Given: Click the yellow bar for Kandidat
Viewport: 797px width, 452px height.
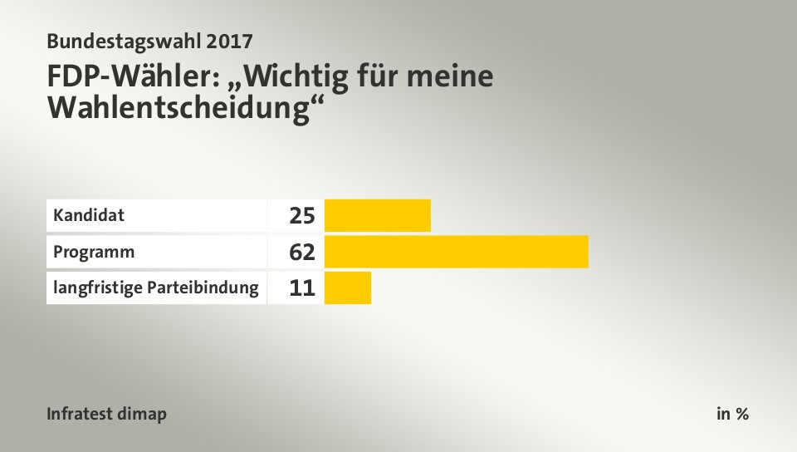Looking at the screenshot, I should click(378, 216).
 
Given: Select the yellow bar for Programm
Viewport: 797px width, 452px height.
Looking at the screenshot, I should click(456, 252).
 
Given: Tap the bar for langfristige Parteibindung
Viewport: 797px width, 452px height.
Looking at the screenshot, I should click(348, 288).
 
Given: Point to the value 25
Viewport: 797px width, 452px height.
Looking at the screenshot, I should click(302, 216).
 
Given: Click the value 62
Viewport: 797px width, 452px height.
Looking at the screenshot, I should click(302, 252).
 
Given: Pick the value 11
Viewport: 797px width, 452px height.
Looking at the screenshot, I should click(302, 288).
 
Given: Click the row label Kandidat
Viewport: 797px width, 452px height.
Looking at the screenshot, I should click(89, 216).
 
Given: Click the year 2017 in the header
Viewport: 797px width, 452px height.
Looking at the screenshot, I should click(225, 39).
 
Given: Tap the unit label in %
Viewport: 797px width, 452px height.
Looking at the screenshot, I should click(732, 414).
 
